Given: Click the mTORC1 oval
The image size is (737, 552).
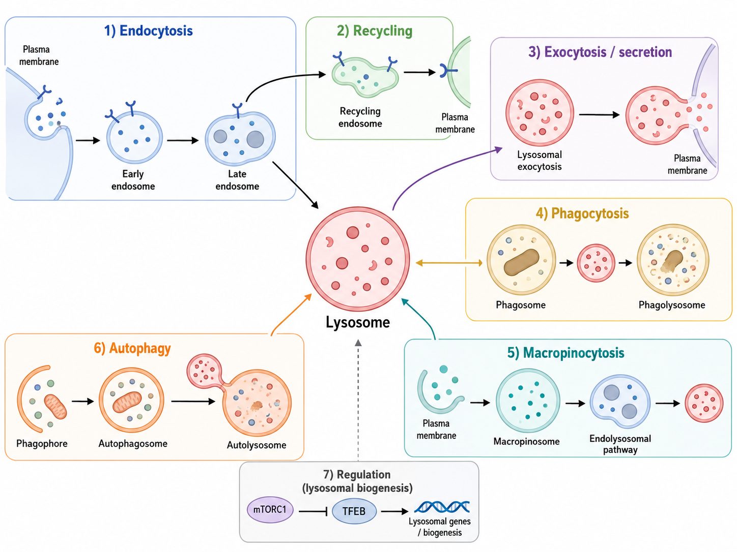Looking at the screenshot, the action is [x=270, y=510].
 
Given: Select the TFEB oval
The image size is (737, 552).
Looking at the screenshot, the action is [x=354, y=511].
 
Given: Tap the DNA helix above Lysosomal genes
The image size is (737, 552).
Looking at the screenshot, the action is [x=442, y=507].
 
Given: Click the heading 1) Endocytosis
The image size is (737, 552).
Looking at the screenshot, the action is [x=149, y=31].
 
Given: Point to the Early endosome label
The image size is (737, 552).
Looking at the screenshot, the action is [x=133, y=180].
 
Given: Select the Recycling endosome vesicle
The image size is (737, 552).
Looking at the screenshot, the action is [x=365, y=77].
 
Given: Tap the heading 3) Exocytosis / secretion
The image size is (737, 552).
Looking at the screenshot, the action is [x=600, y=52].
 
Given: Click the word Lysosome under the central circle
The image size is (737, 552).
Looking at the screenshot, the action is [x=358, y=322].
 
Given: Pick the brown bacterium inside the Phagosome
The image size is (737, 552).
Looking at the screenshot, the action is [x=521, y=262].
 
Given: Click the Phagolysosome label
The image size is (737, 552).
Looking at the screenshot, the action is [x=672, y=305].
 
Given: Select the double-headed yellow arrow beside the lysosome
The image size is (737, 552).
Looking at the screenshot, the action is [x=449, y=263].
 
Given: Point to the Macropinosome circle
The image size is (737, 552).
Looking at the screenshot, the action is [x=528, y=401].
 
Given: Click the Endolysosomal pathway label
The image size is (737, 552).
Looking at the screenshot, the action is [x=620, y=444].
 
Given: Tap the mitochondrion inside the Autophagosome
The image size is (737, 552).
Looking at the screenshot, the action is [x=127, y=402].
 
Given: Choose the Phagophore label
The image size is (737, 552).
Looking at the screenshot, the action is [x=42, y=444].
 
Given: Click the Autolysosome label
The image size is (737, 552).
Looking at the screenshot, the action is [x=257, y=445].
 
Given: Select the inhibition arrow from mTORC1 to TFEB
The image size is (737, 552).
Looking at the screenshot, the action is [x=313, y=511].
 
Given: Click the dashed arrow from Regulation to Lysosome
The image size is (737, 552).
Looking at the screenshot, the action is [x=358, y=400].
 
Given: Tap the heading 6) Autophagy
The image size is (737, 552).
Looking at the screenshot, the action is [x=132, y=348].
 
